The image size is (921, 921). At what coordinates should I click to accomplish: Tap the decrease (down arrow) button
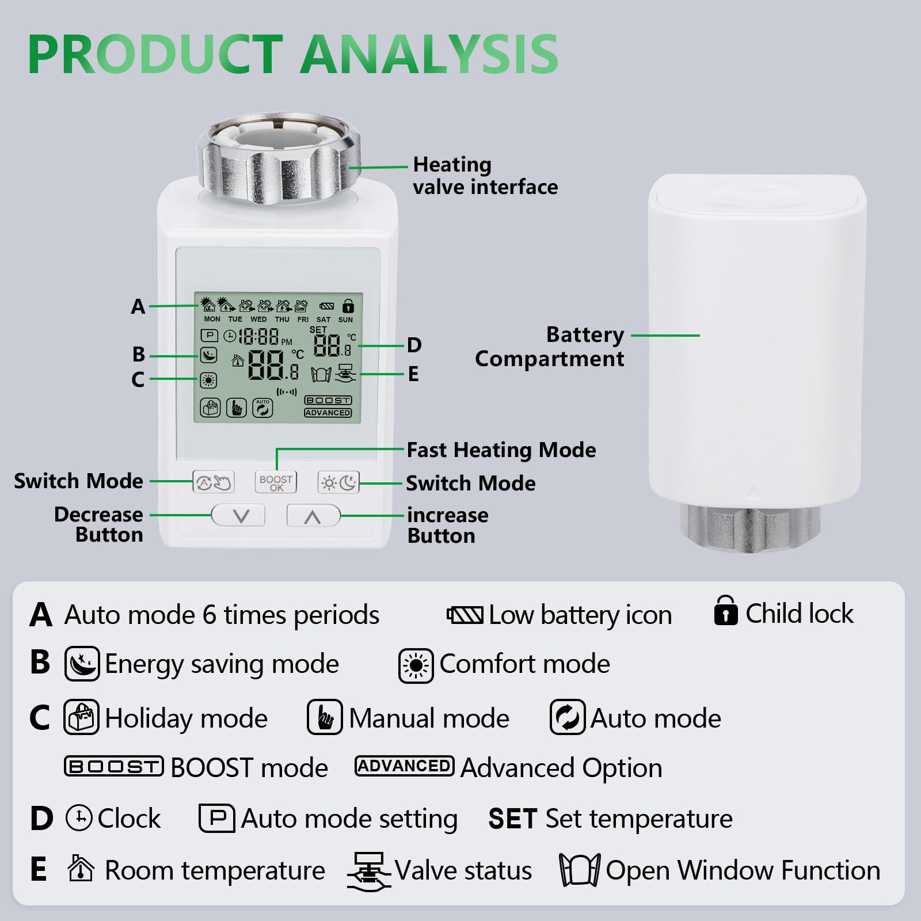[238, 515]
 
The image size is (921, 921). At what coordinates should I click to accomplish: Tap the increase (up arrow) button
[313, 516]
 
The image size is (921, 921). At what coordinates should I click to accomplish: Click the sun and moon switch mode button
[338, 482]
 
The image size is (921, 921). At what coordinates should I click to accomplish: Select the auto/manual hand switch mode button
[214, 482]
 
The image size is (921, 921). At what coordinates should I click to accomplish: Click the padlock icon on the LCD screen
[348, 306]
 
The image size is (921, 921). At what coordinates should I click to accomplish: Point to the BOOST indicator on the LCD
[328, 400]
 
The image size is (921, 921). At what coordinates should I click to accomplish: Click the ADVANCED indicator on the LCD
[328, 413]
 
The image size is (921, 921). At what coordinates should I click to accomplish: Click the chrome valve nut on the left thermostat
[279, 158]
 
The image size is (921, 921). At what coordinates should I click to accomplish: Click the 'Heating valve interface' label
[485, 176]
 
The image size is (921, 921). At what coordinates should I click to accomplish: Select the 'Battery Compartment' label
[550, 347]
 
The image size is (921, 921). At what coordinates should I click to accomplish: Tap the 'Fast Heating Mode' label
[501, 450]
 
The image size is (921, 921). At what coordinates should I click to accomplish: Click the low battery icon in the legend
[465, 615]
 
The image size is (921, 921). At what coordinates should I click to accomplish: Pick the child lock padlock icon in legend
[726, 611]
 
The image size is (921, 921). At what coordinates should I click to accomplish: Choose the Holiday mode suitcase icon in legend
[81, 717]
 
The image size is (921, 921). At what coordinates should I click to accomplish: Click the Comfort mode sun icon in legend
[416, 666]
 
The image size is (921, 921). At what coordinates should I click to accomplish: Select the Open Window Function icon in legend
[580, 870]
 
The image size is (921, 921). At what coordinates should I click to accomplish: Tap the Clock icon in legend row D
[79, 818]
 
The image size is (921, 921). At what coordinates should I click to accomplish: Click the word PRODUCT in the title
[155, 54]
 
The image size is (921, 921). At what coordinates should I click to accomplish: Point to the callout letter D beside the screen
[414, 345]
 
